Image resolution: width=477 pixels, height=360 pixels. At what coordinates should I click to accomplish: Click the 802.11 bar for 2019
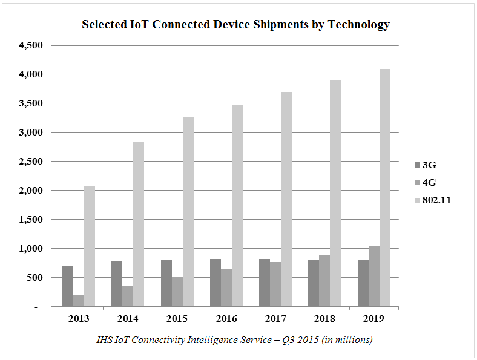385,188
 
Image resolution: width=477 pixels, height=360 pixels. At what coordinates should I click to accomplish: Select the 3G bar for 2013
68,286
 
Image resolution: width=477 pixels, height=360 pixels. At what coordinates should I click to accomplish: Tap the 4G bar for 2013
79,300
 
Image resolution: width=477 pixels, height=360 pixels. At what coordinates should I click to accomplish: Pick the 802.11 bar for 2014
139,224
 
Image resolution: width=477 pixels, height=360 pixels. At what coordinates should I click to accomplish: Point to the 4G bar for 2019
374,276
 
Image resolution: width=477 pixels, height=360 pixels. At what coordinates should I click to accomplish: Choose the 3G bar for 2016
215,283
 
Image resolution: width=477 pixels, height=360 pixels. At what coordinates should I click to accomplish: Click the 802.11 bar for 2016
237,206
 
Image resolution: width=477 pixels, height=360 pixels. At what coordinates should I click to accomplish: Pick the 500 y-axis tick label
35,278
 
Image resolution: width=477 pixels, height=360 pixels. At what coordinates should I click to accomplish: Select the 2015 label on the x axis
177,319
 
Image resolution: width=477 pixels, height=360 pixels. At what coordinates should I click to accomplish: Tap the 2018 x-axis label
325,319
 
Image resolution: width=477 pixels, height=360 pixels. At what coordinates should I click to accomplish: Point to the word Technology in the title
358,25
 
